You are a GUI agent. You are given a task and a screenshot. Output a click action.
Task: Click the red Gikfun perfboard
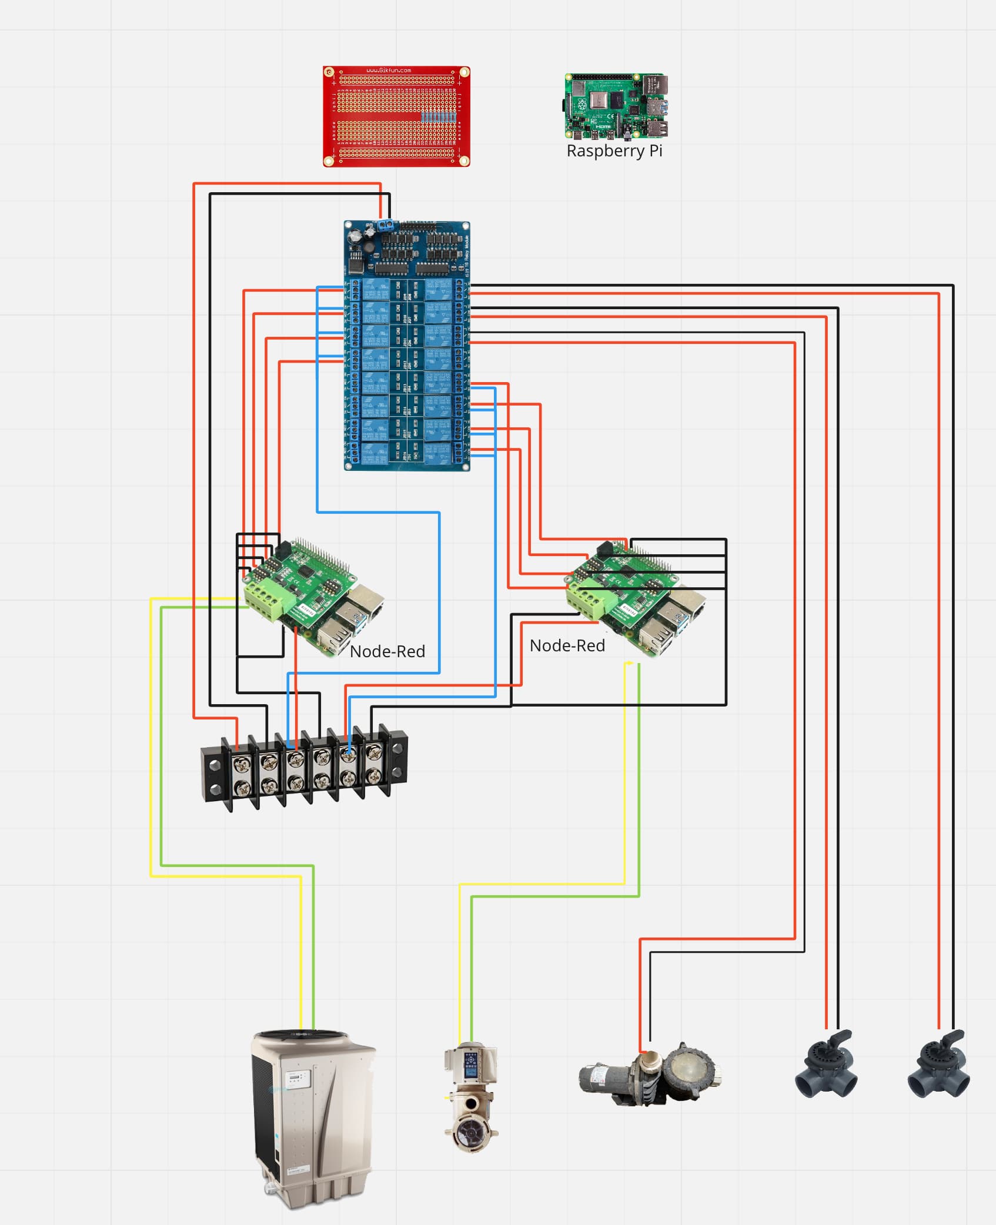pos(396,116)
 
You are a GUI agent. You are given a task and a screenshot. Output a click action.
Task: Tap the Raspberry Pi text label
pos(614,151)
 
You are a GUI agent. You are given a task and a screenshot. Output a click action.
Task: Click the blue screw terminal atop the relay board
pos(386,224)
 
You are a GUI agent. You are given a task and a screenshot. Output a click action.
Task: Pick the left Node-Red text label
pos(387,651)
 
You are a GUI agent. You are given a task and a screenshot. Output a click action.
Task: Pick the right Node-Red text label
pos(567,645)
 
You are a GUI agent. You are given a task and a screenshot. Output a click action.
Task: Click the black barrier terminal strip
pos(304,770)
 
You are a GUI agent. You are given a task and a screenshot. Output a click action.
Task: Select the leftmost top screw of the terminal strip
pos(242,764)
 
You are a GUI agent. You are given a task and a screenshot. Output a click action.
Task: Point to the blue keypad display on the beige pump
pos(471,1065)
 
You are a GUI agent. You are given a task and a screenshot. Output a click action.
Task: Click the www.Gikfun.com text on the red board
pos(388,71)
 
